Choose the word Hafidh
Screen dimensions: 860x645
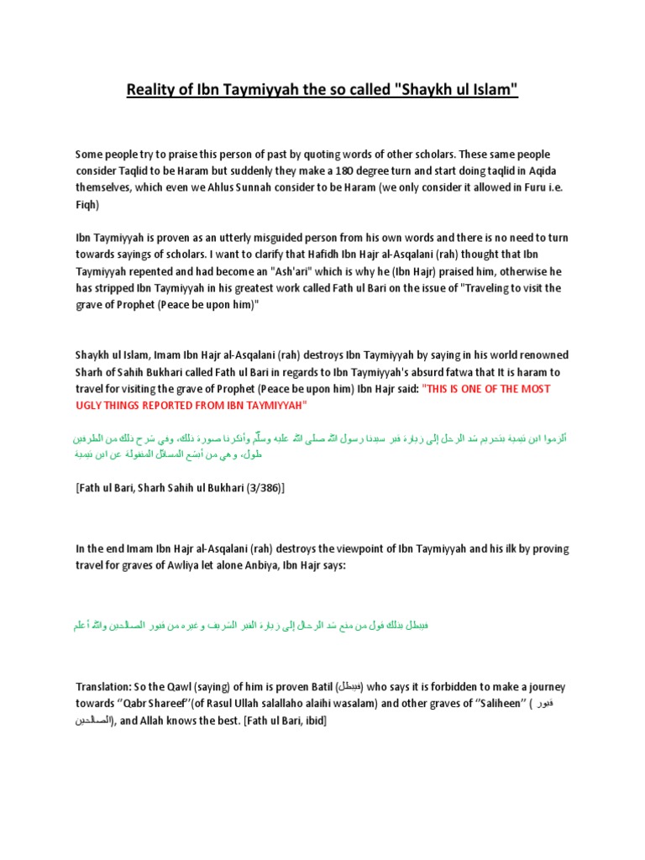(349, 255)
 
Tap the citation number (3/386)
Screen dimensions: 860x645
(260, 487)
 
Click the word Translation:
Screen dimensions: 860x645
(102, 686)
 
